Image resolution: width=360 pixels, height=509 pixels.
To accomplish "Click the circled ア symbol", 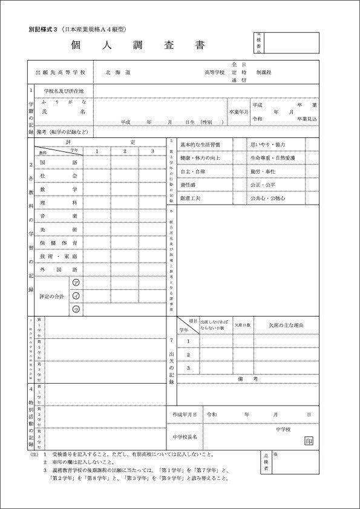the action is click(x=76, y=283).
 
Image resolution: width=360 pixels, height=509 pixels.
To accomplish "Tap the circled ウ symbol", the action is click(x=76, y=309).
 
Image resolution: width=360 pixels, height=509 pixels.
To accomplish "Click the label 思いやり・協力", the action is click(x=267, y=145).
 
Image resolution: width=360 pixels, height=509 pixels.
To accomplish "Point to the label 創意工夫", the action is click(x=193, y=198).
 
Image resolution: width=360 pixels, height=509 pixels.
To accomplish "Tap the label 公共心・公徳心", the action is click(x=267, y=198).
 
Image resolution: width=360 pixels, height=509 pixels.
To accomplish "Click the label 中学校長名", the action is click(x=185, y=436).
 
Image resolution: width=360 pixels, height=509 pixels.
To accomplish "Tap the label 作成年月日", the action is click(x=185, y=415).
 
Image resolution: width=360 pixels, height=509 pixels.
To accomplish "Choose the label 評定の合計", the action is click(x=51, y=296).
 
